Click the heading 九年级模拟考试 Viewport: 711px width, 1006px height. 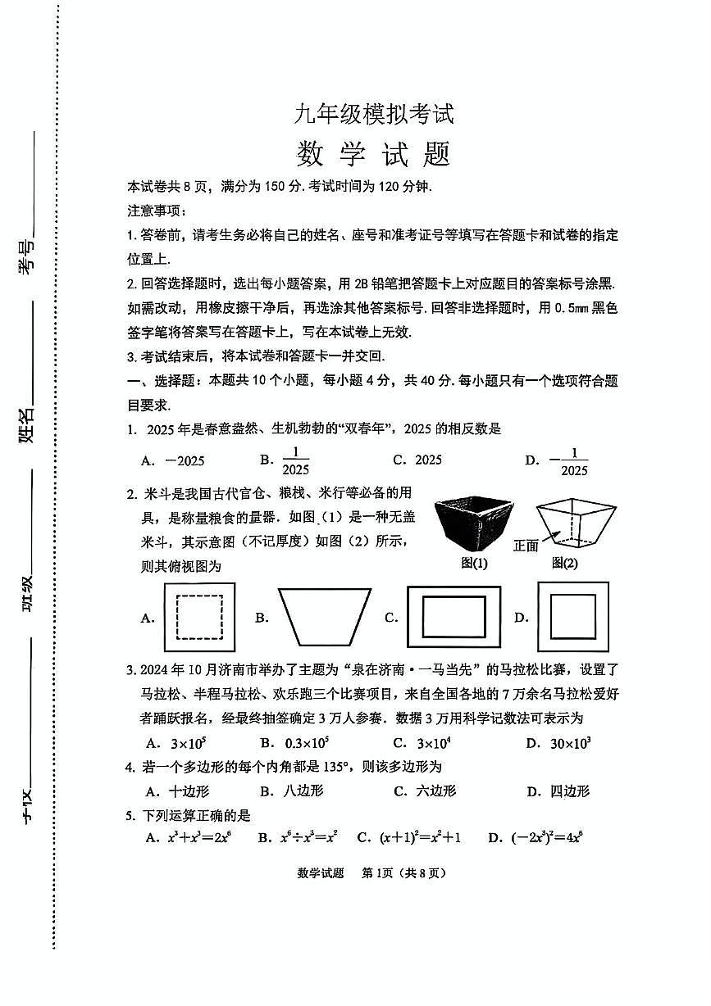pyautogui.click(x=373, y=114)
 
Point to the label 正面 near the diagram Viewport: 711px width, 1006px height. pyautogui.click(x=526, y=546)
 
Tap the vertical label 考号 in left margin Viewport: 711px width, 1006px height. pyautogui.click(x=27, y=256)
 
